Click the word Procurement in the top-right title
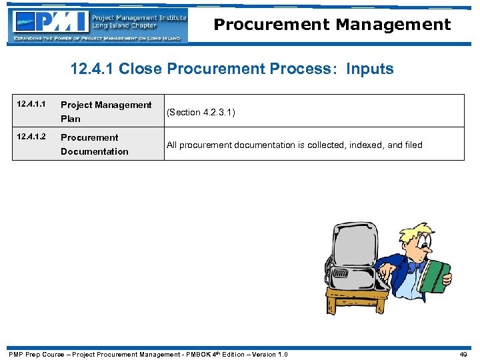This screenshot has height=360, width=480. pos(271,25)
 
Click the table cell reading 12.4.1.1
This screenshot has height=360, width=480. pos(31,105)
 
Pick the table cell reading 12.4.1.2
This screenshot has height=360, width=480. pos(31,137)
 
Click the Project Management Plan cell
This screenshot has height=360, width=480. pos(106,111)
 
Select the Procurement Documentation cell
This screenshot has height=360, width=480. pos(94,144)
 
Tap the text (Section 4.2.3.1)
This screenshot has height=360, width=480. pos(201,112)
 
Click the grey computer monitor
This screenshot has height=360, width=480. pos(353,253)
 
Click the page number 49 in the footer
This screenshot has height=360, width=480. pos(463,354)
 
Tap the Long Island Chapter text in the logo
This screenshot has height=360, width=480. pos(125,26)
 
